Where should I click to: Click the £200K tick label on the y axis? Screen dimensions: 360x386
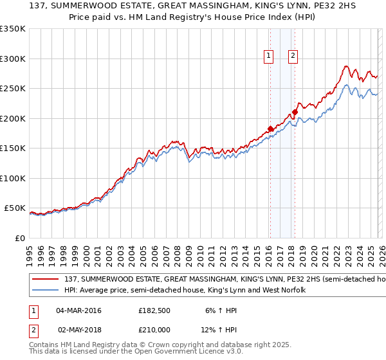pos(13,118)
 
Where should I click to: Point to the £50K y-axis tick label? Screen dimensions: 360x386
pos(15,208)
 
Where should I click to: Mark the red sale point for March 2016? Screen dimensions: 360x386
pos(270,129)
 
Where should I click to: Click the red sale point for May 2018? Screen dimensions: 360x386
pos(295,112)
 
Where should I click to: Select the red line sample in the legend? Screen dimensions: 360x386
pos(46,280)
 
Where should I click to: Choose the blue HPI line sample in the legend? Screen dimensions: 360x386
pos(46,291)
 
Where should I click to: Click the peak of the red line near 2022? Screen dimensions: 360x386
pos(346,66)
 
